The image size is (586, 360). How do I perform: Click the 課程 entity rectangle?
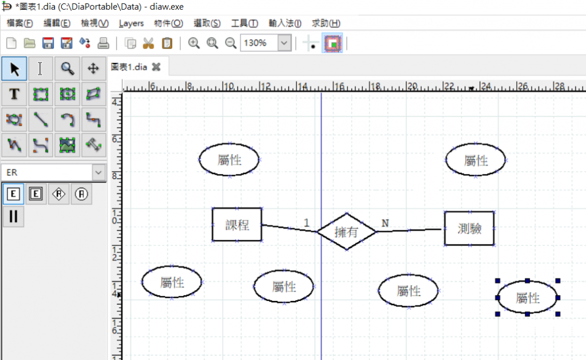(237, 224)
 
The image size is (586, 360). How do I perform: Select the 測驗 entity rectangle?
(469, 228)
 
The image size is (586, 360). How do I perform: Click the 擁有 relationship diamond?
(347, 232)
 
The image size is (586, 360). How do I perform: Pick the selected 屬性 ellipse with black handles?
(527, 298)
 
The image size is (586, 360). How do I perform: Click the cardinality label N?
(385, 223)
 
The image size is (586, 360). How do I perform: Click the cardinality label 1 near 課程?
(307, 223)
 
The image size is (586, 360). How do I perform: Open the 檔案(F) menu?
(20, 23)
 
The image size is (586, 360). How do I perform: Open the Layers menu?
(131, 23)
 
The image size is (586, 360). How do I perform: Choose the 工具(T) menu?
(244, 23)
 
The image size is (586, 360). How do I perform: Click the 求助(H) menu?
(326, 23)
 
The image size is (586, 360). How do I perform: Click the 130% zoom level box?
(259, 43)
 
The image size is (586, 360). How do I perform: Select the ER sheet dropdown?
(53, 172)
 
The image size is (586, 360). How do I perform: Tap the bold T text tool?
(14, 94)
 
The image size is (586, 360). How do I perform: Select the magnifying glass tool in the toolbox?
(68, 69)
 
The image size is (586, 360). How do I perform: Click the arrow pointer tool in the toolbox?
(14, 69)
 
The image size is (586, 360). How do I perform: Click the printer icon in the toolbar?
(103, 43)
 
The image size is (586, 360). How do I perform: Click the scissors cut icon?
(149, 43)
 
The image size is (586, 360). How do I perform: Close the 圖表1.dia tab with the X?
(156, 67)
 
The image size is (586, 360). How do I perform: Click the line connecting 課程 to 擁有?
(289, 228)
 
